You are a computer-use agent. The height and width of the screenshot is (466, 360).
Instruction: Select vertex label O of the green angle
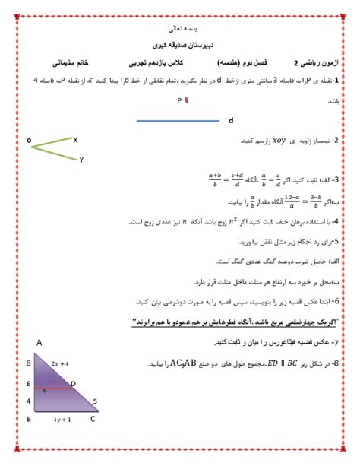tap(29, 141)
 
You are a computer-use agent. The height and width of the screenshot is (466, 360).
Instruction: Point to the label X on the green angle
tap(75, 140)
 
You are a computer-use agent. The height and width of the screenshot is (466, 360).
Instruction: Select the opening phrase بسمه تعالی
tap(180, 28)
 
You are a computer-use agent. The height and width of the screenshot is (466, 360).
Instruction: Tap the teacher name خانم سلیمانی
tap(74, 63)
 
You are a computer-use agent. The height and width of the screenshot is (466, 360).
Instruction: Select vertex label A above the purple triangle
tap(39, 343)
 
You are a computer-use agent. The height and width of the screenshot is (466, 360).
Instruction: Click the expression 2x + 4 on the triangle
tap(60, 364)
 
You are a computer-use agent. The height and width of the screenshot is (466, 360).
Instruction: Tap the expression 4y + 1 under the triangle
tap(63, 419)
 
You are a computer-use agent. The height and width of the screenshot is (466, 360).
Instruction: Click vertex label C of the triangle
tap(93, 419)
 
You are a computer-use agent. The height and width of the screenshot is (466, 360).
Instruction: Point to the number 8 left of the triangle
tap(28, 363)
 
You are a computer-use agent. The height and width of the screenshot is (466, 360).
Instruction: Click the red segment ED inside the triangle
tap(53, 387)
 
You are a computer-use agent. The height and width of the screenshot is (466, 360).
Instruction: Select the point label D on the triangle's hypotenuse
tap(73, 383)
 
